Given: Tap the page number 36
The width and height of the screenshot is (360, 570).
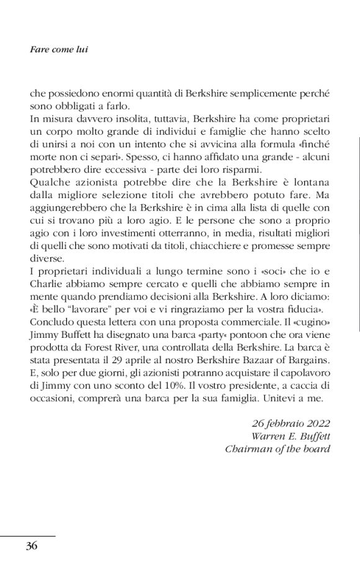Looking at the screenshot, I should pos(32,546).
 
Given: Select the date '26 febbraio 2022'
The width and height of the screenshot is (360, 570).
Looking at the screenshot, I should pos(290,423).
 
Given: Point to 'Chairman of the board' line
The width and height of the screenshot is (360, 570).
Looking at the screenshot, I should pos(277,447).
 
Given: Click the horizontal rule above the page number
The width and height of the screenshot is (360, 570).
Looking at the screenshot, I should pos(27,535).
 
